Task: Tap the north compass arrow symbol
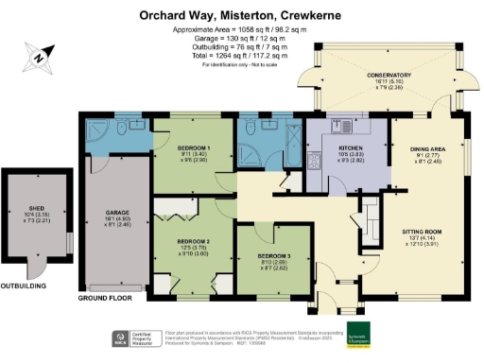[x=39, y=59]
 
